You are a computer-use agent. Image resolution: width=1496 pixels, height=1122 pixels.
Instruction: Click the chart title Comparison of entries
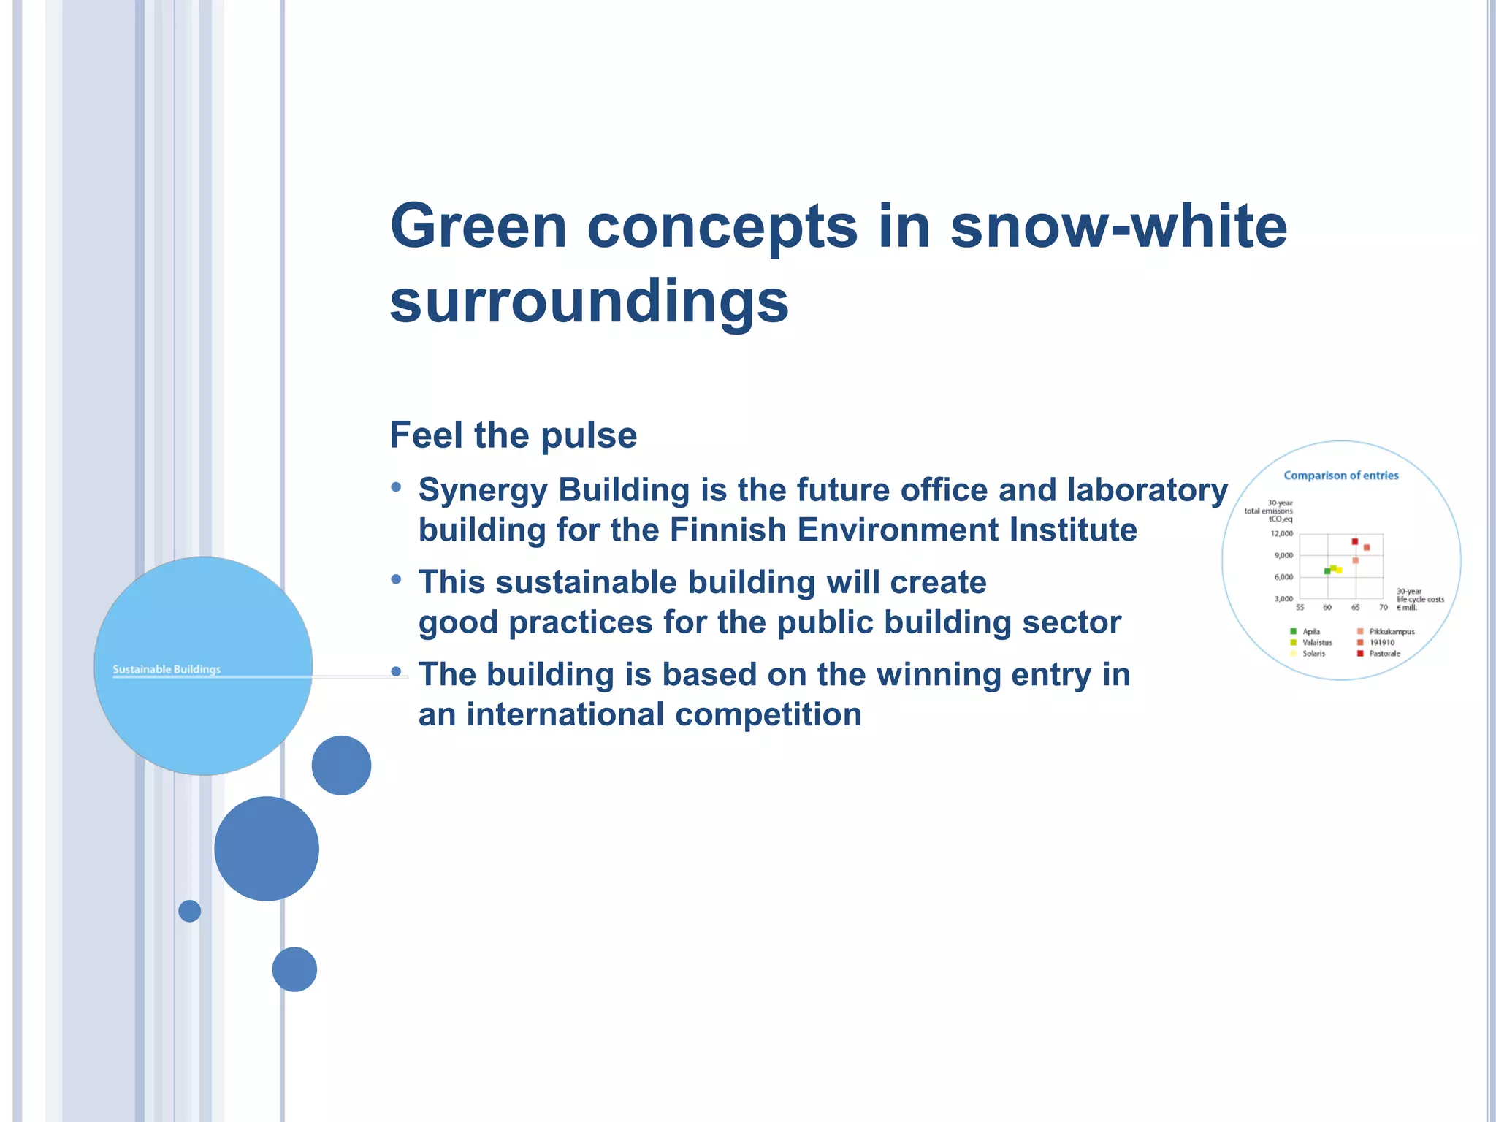tap(1340, 476)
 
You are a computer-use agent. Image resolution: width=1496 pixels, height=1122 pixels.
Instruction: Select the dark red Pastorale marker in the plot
tap(1354, 541)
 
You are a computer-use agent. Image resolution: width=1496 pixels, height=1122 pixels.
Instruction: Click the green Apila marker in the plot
tap(1327, 570)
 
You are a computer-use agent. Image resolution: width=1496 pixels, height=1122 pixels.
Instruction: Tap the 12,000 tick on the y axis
tap(1282, 534)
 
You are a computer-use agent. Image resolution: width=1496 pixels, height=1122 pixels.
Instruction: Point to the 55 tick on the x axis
tap(1300, 608)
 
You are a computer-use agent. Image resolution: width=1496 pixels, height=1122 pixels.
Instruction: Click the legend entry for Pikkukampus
tap(1391, 631)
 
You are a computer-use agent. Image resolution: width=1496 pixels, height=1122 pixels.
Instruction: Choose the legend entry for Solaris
tap(1313, 654)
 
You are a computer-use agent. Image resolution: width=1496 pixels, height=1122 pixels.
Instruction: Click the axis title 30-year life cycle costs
tap(1419, 599)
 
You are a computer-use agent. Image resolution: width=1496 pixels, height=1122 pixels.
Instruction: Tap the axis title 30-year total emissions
tap(1269, 511)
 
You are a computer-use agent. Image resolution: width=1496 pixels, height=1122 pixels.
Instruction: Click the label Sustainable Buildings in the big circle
tap(167, 669)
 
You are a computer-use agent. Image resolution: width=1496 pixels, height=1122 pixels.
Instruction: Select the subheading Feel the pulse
tap(513, 435)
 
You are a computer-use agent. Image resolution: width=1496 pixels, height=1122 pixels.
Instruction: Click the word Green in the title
tap(478, 226)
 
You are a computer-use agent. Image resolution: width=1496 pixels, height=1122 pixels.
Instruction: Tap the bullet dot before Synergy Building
tap(396, 487)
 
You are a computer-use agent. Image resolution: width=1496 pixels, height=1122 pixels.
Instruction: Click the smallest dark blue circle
tap(189, 911)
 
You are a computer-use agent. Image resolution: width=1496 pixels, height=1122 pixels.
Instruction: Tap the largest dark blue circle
tap(267, 849)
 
